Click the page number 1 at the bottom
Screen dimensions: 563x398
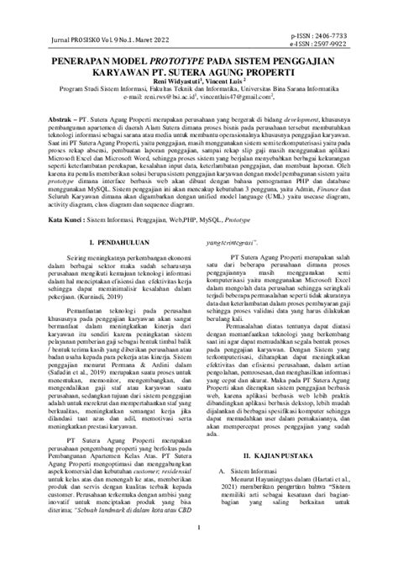[x=198, y=551]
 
